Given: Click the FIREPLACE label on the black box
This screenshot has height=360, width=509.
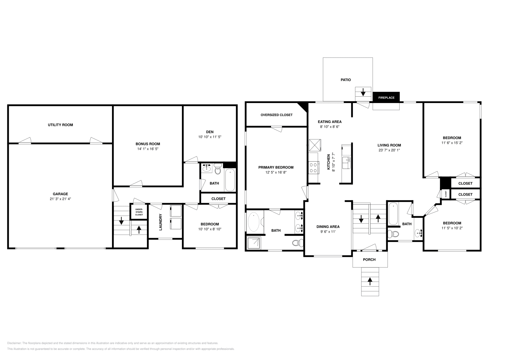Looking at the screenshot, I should coord(386,98).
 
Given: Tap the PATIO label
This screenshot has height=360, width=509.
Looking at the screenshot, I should coord(345,80).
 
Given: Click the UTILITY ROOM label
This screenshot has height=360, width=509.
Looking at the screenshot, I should coord(60,125).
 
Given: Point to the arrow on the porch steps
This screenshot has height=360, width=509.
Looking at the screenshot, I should coord(370,281).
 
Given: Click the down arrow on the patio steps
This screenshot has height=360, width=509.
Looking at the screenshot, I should coord(363,93).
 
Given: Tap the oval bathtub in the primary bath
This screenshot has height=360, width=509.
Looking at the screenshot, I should coord(254,222).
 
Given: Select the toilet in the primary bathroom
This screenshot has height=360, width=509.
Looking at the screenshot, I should coord(296,243).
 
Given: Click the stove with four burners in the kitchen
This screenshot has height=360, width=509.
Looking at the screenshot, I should coord(313,168).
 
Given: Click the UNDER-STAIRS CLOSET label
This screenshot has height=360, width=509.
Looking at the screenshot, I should coord(139,212).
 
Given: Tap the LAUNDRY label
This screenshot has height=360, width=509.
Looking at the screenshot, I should coord(161,222).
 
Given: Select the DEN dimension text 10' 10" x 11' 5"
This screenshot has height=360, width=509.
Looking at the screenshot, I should coord(210,137).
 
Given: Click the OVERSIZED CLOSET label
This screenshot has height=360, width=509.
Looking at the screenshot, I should coord(276,115).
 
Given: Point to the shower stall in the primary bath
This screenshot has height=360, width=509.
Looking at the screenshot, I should coord(254,243).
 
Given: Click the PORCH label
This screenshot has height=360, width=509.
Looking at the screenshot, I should coord(369,260).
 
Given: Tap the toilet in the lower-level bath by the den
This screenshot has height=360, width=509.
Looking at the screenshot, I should coord(218,169).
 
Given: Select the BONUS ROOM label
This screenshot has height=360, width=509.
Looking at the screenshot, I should coord(148,144).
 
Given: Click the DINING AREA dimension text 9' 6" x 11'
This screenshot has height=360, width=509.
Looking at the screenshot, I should coord(328,232).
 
